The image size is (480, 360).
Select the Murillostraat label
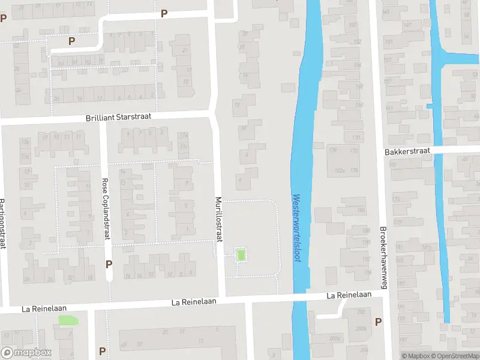coord(219,220)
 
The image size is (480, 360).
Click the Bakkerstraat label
coord(407,153)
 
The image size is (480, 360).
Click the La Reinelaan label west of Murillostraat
coord(43,309)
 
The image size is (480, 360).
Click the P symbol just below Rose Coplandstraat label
coord(109,264)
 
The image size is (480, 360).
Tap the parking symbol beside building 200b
coord(378,322)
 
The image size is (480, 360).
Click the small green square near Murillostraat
coord(241,255)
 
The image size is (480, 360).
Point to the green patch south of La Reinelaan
coord(68,320)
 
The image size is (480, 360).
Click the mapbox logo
coord(26,353)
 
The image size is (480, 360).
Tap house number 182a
coord(340,170)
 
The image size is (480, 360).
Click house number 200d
coord(334,338)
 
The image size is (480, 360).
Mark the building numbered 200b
coord(361,328)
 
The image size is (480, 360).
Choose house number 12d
coord(25,142)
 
